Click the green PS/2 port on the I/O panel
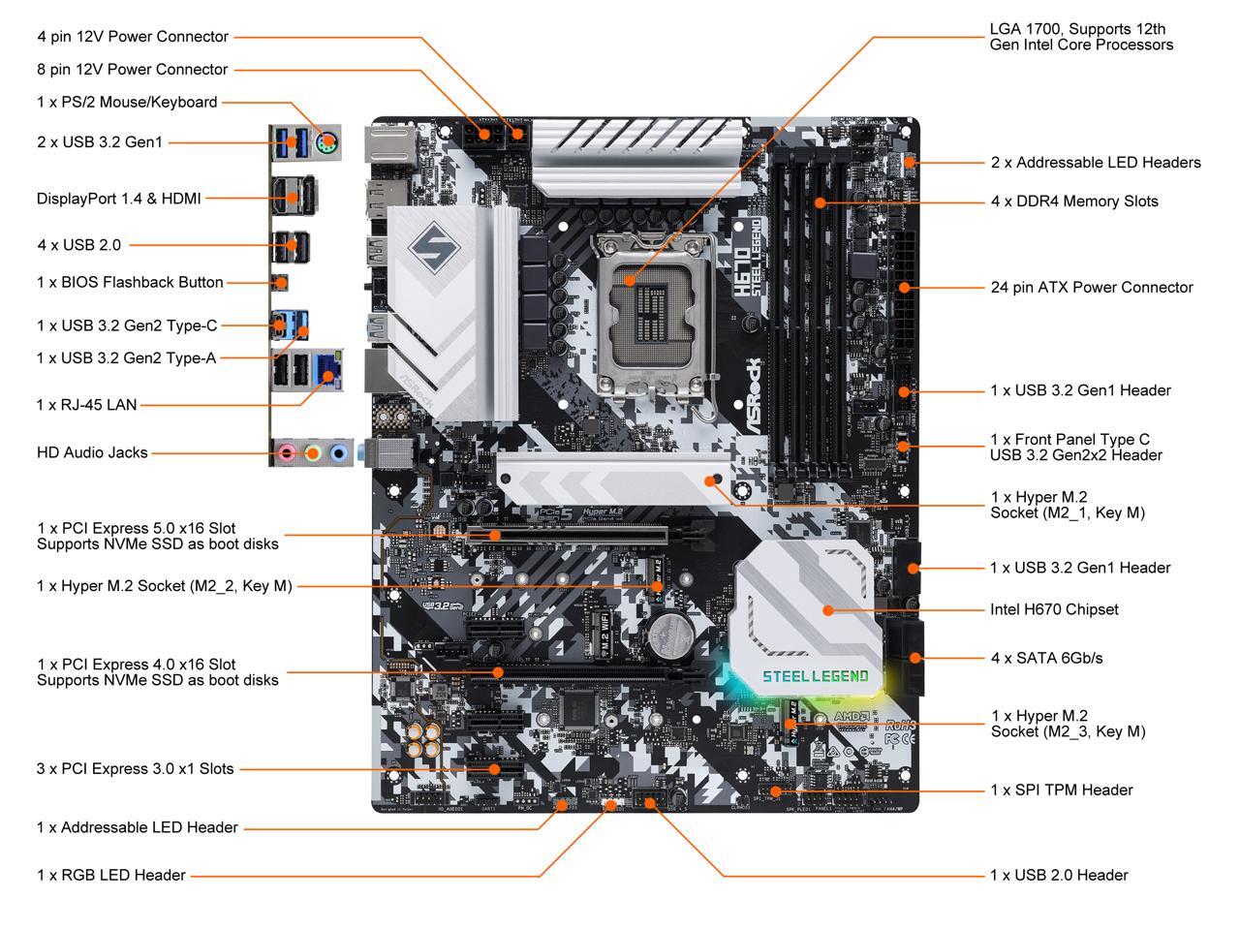pos(327,141)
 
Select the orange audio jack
pos(312,452)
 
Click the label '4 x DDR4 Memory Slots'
pos(1074,201)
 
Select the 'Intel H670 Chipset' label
pos(1054,609)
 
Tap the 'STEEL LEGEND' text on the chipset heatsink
pos(815,675)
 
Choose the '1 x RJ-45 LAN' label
pos(87,405)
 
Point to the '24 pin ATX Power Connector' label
pos(1092,288)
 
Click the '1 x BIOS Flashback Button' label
pos(130,283)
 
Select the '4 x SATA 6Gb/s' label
pos(1046,658)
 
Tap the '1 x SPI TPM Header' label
pos(1061,790)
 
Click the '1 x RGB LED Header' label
pos(111,876)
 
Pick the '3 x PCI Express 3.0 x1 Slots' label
pos(136,769)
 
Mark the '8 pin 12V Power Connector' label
pos(133,70)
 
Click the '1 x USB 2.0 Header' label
pos(1059,876)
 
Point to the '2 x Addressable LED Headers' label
pos(1096,163)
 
